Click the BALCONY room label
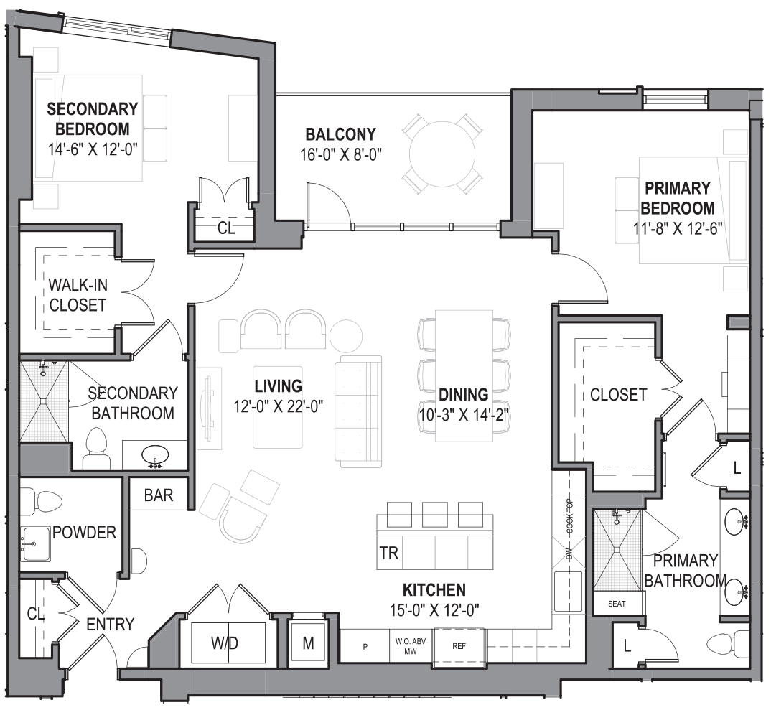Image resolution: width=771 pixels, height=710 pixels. pyautogui.click(x=340, y=134)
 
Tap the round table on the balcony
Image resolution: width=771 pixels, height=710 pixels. pyautogui.click(x=441, y=153)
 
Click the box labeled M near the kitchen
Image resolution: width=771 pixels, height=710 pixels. pyautogui.click(x=308, y=643)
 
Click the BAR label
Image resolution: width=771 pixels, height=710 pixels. pyautogui.click(x=158, y=495)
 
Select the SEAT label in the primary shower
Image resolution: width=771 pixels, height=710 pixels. pyautogui.click(x=617, y=604)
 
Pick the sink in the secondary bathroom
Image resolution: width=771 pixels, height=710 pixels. pyautogui.click(x=155, y=454)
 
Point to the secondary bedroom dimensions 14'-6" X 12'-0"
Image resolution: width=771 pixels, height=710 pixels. pyautogui.click(x=92, y=150)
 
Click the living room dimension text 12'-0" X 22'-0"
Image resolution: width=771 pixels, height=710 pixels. pyautogui.click(x=278, y=406)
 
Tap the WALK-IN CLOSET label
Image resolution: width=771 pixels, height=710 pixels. pyautogui.click(x=78, y=294)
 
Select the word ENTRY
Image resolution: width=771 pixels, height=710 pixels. pyautogui.click(x=110, y=624)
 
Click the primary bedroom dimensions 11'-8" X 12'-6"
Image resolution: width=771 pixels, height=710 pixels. pyautogui.click(x=677, y=229)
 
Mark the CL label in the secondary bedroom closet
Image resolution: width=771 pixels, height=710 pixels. pyautogui.click(x=225, y=228)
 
